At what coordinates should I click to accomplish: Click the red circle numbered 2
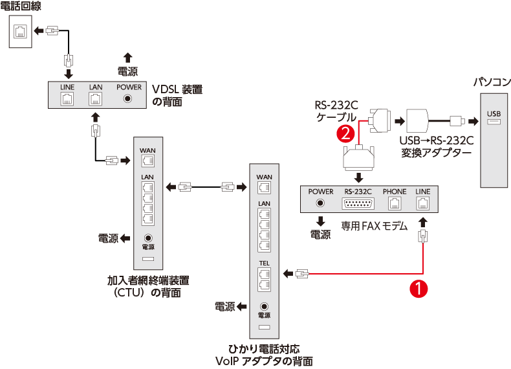point(347,134)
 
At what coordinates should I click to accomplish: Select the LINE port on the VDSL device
point(67,99)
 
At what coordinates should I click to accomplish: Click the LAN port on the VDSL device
point(96,99)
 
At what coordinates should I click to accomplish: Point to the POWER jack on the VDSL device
point(128,99)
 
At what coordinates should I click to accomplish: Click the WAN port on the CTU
point(147,161)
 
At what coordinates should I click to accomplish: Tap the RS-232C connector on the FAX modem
point(358,203)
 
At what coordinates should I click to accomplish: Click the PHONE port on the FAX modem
point(394,203)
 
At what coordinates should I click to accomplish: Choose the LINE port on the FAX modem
point(422,203)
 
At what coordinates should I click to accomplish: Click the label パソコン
point(492,83)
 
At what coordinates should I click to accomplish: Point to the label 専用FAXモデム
point(375,227)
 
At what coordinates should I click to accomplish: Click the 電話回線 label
point(20,7)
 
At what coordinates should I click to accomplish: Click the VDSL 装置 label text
point(177,89)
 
